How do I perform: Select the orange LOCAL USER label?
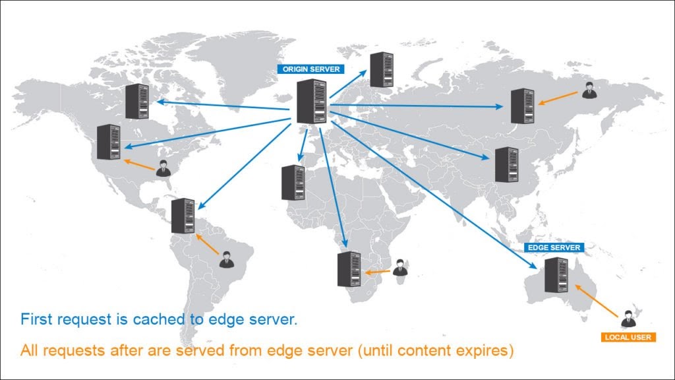click(628, 337)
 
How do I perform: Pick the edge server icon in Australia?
click(556, 274)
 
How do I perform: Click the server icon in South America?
click(183, 216)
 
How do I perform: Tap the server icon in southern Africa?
click(349, 269)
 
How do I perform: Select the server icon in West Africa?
click(293, 183)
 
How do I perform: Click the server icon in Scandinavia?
click(381, 69)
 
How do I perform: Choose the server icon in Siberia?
click(522, 106)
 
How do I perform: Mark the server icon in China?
click(506, 164)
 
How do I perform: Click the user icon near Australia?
click(628, 318)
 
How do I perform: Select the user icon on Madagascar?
click(399, 267)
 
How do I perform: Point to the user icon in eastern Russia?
click(589, 90)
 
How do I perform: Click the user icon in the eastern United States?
click(163, 168)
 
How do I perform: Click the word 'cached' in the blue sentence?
click(156, 321)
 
